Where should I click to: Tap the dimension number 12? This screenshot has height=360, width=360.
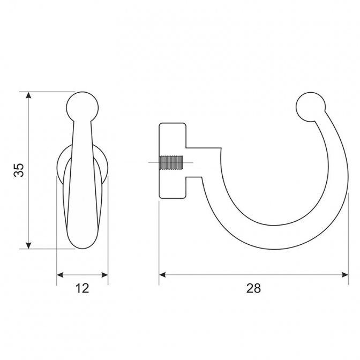click(82, 288)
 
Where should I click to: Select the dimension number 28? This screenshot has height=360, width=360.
click(254, 288)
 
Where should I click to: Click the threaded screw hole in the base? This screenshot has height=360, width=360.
click(171, 162)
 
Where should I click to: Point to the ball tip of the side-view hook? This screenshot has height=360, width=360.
click(311, 107)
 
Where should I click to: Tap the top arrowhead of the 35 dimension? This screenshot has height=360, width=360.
click(28, 95)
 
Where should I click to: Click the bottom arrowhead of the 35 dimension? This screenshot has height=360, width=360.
click(28, 245)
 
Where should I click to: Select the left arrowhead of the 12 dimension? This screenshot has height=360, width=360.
click(60, 275)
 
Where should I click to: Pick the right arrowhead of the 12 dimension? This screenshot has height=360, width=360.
click(104, 275)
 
